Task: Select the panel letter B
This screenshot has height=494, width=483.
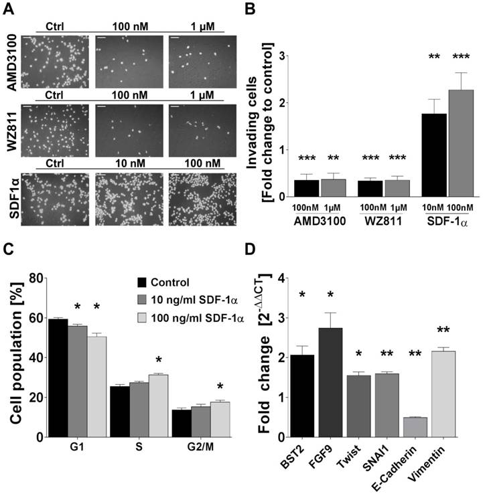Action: coord(250,9)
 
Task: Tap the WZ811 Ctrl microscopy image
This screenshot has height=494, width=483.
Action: coord(54,130)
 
